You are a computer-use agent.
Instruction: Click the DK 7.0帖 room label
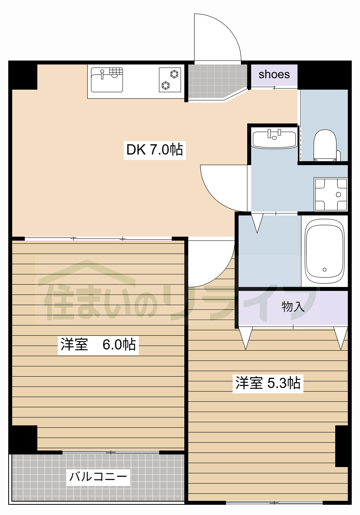[155, 150]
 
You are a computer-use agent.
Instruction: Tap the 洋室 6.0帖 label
[98, 344]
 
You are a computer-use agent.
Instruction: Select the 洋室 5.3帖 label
[268, 383]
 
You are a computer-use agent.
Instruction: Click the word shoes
[274, 74]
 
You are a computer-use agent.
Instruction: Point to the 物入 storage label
[293, 307]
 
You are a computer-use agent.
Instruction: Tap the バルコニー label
[98, 476]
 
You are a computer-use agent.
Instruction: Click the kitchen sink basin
[107, 80]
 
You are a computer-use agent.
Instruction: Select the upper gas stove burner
[174, 74]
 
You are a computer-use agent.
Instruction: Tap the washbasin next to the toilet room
[274, 139]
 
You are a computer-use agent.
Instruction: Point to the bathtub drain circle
[325, 270]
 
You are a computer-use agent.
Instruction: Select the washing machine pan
[331, 195]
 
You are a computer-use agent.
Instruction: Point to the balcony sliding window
[111, 452]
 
